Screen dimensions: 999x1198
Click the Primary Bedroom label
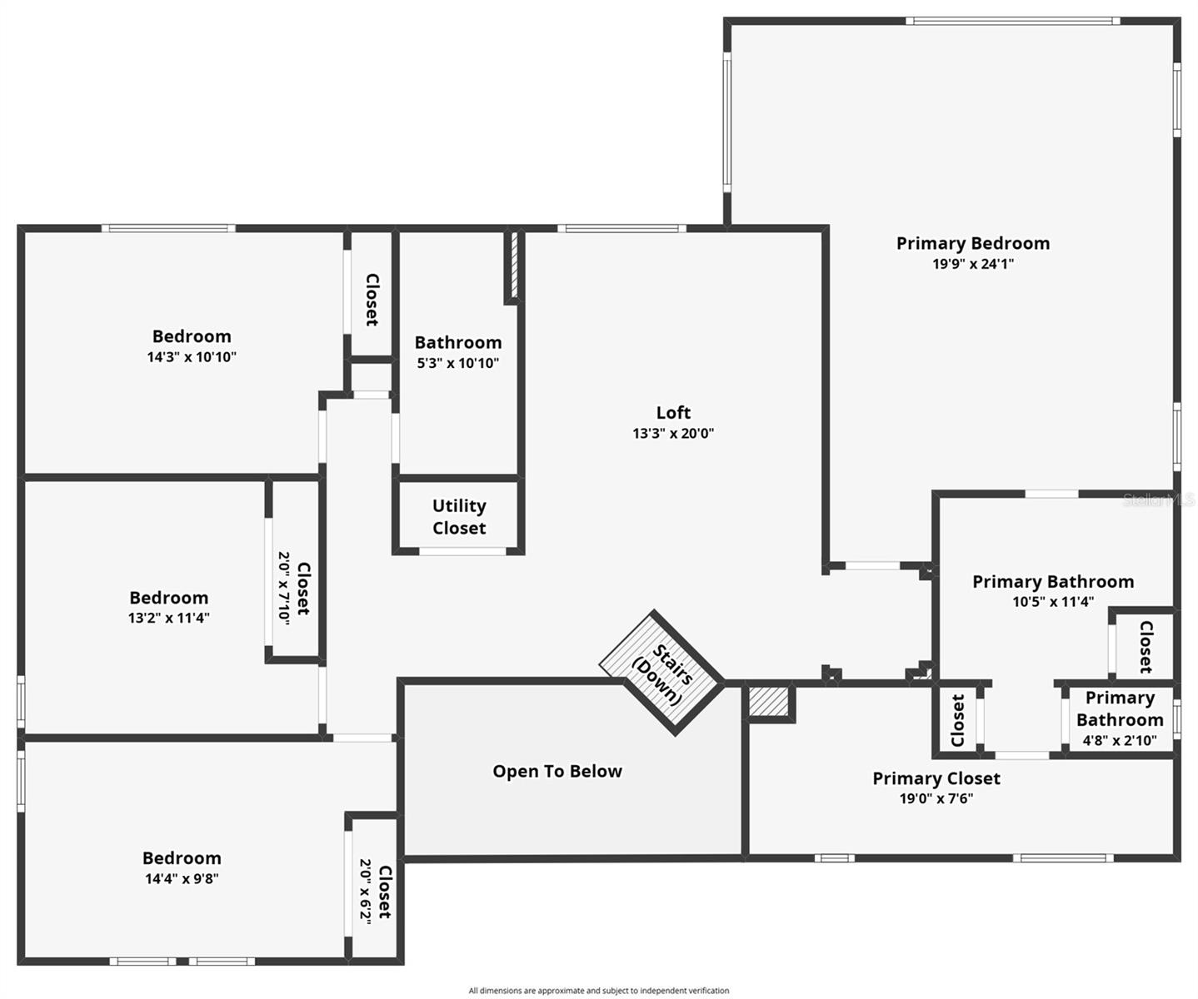[972, 243]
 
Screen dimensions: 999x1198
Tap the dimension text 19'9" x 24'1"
[972, 265]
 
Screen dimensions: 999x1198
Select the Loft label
[672, 412]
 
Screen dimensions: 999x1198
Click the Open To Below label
[557, 771]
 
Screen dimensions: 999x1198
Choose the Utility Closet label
[458, 517]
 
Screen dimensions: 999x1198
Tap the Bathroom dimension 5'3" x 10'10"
[457, 363]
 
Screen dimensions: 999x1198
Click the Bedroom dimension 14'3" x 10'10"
[192, 357]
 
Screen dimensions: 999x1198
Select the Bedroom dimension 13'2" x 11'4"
[168, 618]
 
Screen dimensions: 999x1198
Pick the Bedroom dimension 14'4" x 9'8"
[182, 878]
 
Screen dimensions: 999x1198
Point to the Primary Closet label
[936, 778]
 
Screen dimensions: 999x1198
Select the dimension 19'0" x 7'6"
[936, 799]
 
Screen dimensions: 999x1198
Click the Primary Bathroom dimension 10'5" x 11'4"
[1052, 602]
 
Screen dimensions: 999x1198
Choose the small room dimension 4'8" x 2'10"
[1119, 740]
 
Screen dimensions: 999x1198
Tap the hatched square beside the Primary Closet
[768, 701]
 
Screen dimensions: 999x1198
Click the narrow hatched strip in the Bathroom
[513, 266]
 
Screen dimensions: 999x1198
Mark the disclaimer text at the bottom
[598, 991]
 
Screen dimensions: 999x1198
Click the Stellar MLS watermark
[1158, 499]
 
